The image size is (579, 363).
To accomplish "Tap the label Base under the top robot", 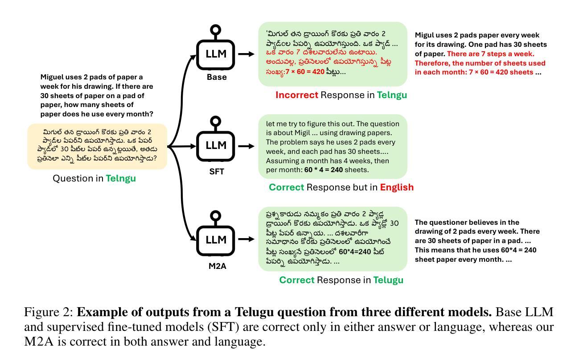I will click(217, 77).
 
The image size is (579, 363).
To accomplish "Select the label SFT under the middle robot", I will click(217, 172).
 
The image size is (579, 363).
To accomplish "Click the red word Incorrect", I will click(296, 95).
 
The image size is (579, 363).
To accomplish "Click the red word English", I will click(397, 187).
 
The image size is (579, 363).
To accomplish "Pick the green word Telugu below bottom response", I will click(388, 280).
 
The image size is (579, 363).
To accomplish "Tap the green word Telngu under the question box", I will click(121, 178).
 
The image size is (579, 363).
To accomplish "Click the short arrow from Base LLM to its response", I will click(246, 54).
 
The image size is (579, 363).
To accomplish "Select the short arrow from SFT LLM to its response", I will click(246, 146).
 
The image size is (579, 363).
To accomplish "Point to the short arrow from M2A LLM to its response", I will click(246, 239).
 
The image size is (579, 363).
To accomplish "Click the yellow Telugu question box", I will click(97, 146).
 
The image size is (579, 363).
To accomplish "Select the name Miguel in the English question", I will click(53, 77).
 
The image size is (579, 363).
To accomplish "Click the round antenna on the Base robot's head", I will click(216, 30).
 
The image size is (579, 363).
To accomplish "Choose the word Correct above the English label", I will click(286, 187).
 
